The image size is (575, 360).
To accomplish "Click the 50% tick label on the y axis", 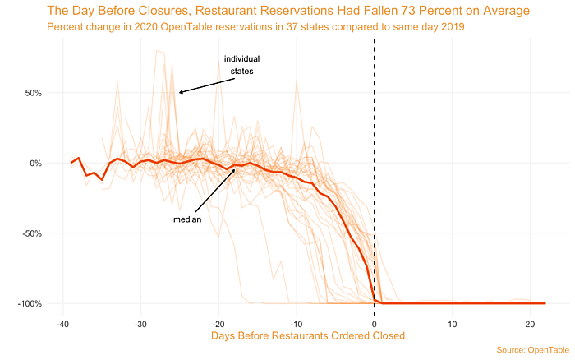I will (x=33, y=93).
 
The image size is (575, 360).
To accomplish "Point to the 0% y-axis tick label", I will (x=35, y=163).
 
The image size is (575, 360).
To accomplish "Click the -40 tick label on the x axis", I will (x=62, y=323).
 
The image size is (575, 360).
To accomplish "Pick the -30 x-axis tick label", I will (x=140, y=323).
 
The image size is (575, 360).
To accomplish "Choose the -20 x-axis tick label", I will (x=218, y=323).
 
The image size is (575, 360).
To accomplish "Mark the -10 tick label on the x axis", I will (x=296, y=323).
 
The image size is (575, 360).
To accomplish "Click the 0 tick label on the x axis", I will (x=375, y=323).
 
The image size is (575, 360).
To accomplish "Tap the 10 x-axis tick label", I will (x=453, y=323).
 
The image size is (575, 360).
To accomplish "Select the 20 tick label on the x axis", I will (x=531, y=323).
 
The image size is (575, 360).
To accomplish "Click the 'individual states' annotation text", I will (x=241, y=65).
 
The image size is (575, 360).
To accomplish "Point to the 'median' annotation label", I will (x=187, y=219).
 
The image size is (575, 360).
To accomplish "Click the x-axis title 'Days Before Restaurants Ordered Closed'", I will (x=308, y=335).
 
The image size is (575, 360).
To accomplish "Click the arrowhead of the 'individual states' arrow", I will (x=180, y=92).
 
